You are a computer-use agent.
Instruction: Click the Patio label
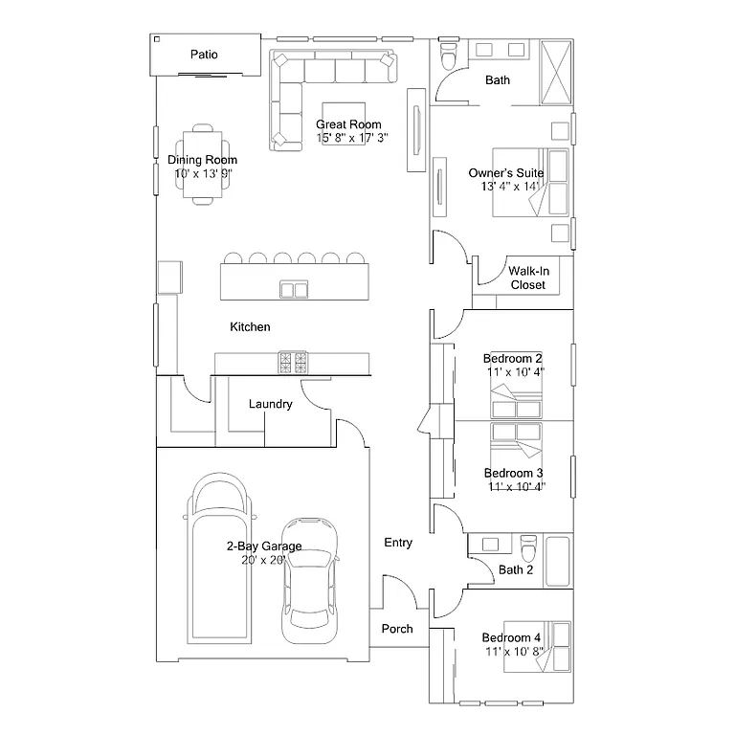[204, 55]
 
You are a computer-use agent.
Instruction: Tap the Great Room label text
[348, 124]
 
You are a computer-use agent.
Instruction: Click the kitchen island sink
[294, 289]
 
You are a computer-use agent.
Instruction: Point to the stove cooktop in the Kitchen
[294, 363]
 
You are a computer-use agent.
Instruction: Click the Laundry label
[270, 405]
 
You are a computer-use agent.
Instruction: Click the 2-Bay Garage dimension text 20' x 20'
[264, 561]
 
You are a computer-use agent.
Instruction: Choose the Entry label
[398, 543]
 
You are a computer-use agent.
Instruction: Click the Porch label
[397, 629]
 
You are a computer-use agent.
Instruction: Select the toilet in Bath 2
[528, 551]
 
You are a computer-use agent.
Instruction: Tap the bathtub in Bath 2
[558, 560]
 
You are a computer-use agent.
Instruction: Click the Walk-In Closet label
[527, 278]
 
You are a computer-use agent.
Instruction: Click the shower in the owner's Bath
[556, 71]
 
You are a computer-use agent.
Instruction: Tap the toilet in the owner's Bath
[447, 56]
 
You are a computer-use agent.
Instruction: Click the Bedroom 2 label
[512, 359]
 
